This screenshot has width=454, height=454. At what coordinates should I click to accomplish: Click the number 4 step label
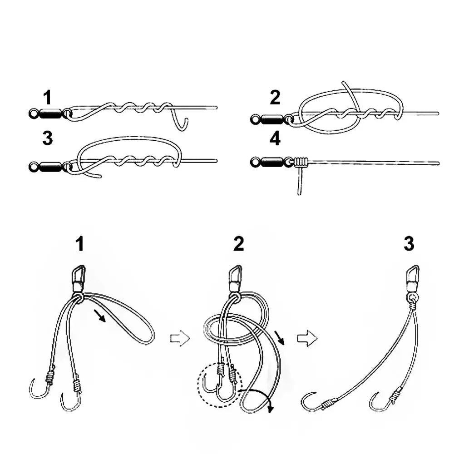click(275, 139)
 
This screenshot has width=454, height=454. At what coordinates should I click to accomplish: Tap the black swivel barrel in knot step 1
click(50, 113)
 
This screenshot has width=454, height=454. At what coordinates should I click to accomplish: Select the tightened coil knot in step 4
click(301, 161)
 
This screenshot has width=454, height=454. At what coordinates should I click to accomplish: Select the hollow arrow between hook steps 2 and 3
click(307, 339)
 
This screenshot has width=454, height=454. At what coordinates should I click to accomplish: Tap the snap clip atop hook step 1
click(79, 275)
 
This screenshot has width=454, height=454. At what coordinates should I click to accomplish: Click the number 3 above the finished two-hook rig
click(409, 244)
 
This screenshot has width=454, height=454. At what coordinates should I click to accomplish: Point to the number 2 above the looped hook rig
click(238, 244)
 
